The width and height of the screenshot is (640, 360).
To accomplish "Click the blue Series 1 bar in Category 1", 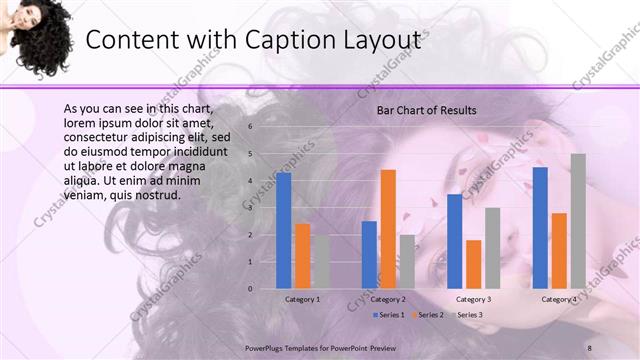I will [x=284, y=230].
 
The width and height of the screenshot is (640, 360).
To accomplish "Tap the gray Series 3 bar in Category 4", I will [x=578, y=221].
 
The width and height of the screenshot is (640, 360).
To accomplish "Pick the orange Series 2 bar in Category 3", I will [x=474, y=264].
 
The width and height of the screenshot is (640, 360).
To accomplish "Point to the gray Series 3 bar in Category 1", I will [x=321, y=262].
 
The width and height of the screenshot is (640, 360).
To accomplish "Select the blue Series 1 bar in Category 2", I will [x=369, y=255].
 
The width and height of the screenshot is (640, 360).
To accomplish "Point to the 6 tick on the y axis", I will [x=251, y=127].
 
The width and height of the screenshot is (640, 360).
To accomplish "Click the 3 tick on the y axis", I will [x=251, y=208].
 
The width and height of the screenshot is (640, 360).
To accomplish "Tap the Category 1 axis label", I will [x=303, y=299].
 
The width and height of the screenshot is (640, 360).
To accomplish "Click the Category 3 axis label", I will [x=473, y=299].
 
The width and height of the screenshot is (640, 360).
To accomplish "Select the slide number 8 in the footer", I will [x=590, y=346].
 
